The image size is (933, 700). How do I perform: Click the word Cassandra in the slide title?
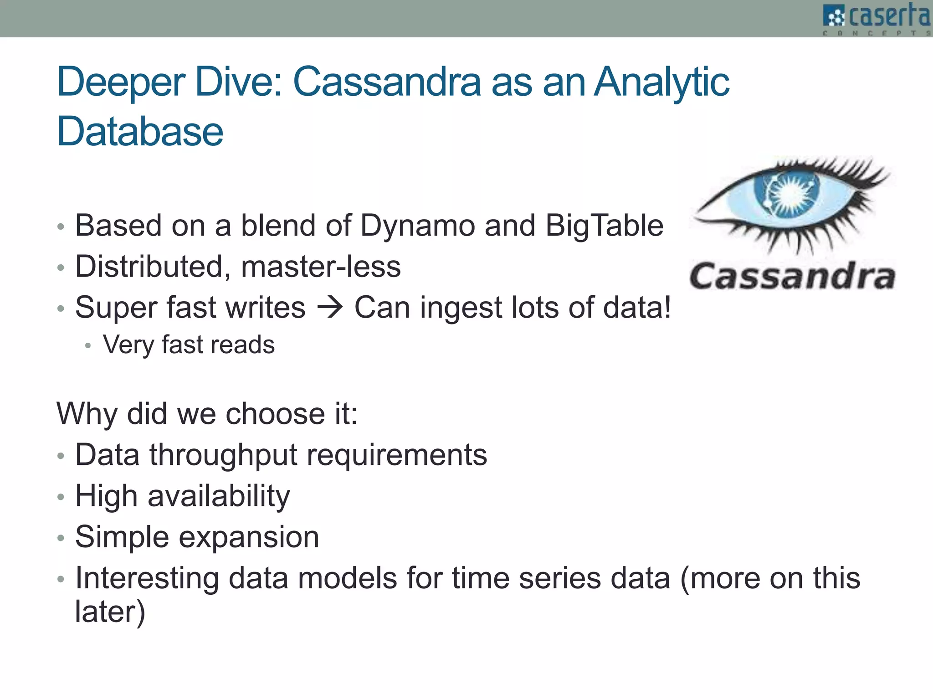click(387, 82)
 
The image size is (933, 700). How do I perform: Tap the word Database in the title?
click(140, 132)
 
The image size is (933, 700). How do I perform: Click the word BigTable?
click(604, 226)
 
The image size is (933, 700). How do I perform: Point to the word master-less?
click(321, 267)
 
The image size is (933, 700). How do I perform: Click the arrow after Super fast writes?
click(330, 308)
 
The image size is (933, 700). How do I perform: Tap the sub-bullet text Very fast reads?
click(189, 345)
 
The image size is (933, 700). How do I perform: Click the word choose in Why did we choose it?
click(275, 414)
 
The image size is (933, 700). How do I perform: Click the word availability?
click(219, 496)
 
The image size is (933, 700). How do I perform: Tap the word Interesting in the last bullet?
click(147, 578)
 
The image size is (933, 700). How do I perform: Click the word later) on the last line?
click(110, 612)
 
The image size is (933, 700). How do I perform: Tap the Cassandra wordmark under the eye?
click(792, 276)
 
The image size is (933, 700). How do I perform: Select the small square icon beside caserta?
click(834, 16)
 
